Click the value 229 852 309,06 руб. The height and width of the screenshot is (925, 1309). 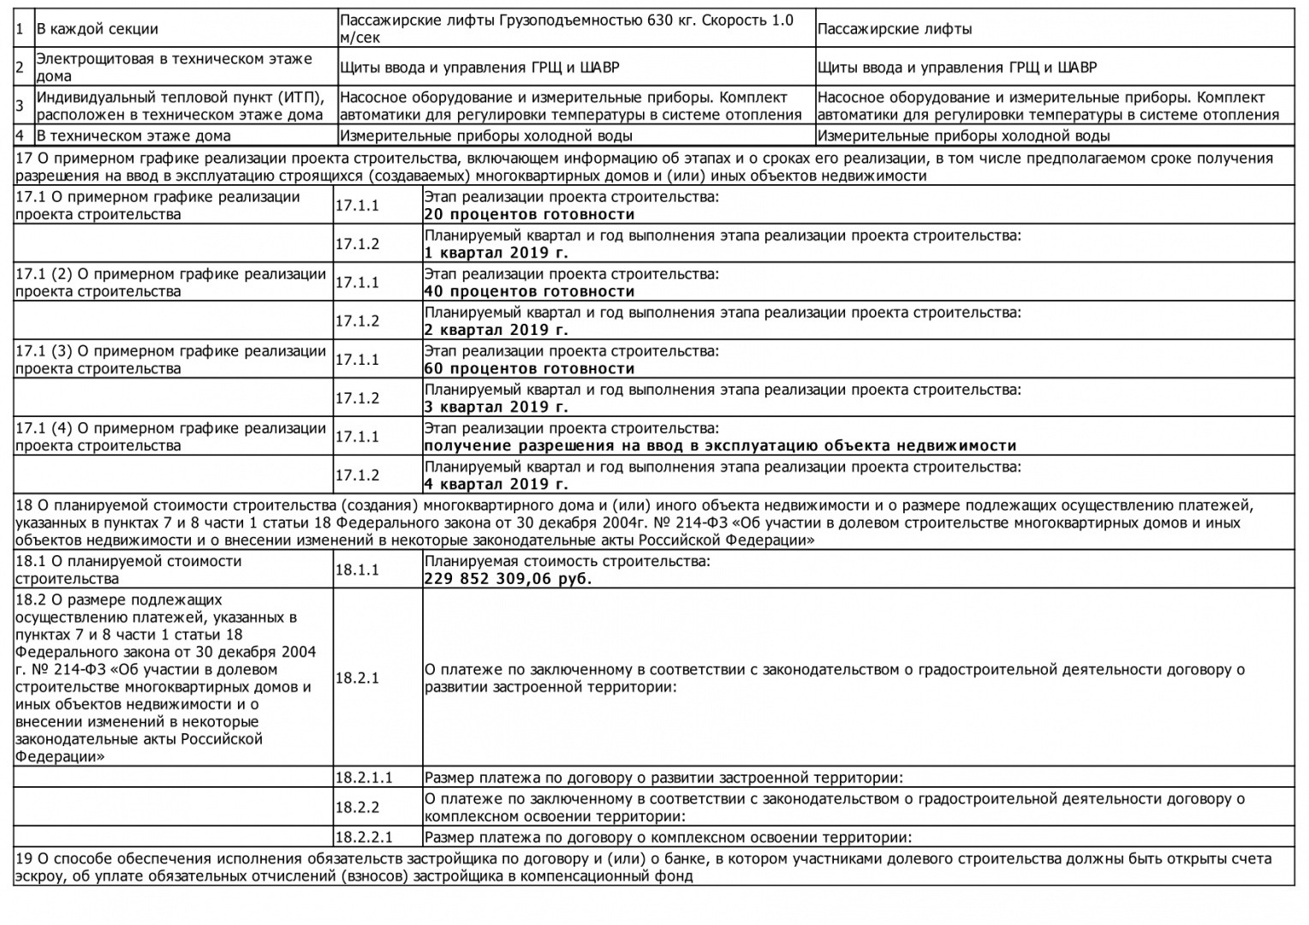click(508, 578)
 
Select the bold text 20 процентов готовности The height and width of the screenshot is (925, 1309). click(529, 214)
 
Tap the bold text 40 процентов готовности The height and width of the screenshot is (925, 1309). click(529, 291)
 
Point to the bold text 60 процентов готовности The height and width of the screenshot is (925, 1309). click(529, 368)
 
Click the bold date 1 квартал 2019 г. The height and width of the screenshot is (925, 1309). click(496, 253)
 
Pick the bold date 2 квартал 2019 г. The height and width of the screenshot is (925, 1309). click(496, 330)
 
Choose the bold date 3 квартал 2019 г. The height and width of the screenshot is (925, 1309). click(496, 407)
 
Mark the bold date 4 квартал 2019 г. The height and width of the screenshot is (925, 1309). click(496, 484)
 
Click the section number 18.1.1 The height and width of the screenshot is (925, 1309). click(357, 570)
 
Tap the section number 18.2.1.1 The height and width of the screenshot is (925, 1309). click(364, 778)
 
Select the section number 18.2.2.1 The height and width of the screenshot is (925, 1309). click(364, 838)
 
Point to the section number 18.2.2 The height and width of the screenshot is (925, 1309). click(357, 807)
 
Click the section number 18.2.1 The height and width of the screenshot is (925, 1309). click(357, 677)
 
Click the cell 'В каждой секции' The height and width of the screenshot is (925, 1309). click(97, 29)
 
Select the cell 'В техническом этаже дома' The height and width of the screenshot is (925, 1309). click(134, 135)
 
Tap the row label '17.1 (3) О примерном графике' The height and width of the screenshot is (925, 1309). click(170, 351)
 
